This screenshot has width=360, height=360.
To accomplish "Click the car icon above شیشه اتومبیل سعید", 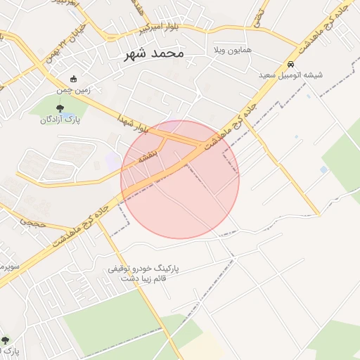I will pos(291,63).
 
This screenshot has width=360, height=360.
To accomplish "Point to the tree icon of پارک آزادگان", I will pos(59,108).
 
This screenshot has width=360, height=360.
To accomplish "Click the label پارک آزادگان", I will pos(60,120).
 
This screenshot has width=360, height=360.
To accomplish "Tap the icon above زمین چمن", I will pos(74,79).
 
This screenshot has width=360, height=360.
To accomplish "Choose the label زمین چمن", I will pos(74,90).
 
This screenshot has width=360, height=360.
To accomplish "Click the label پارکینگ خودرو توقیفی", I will pos(144,269).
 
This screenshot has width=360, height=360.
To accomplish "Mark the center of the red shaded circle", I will pos(180,179).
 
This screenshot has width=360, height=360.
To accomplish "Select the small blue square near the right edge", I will pos(323,169).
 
